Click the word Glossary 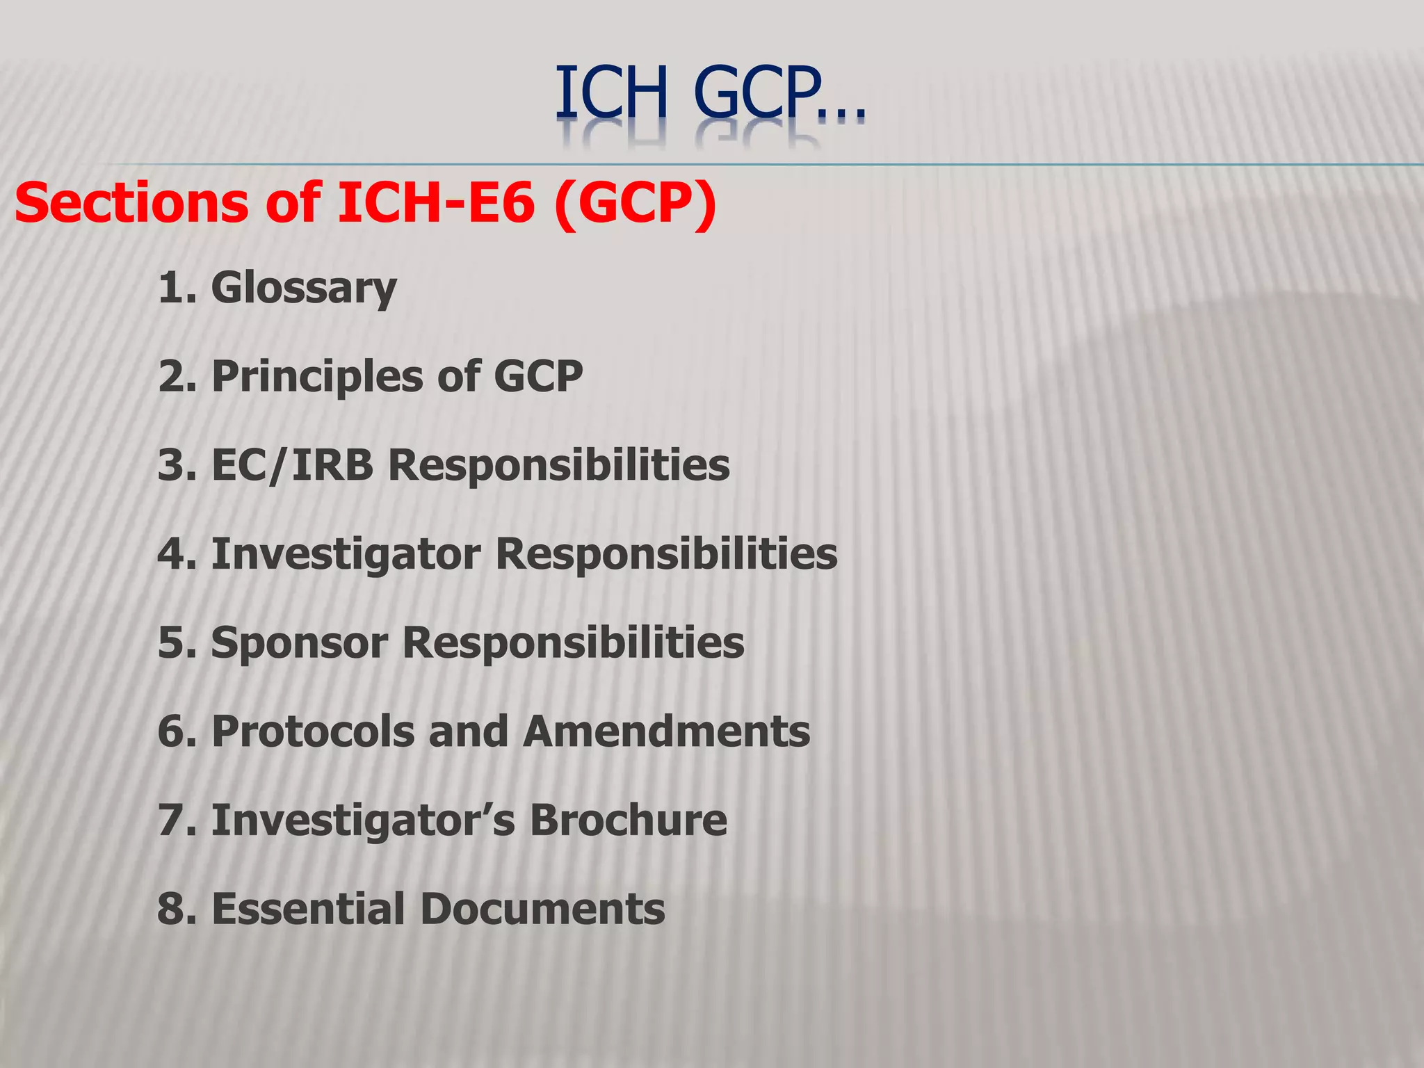point(304,288)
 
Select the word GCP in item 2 point(538,377)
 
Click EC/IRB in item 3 point(292,464)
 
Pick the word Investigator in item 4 point(346,553)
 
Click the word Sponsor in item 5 point(299,642)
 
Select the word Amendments point(667,731)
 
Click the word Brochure point(629,820)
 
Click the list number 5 point(170,642)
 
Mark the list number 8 point(170,909)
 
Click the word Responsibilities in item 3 point(559,464)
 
